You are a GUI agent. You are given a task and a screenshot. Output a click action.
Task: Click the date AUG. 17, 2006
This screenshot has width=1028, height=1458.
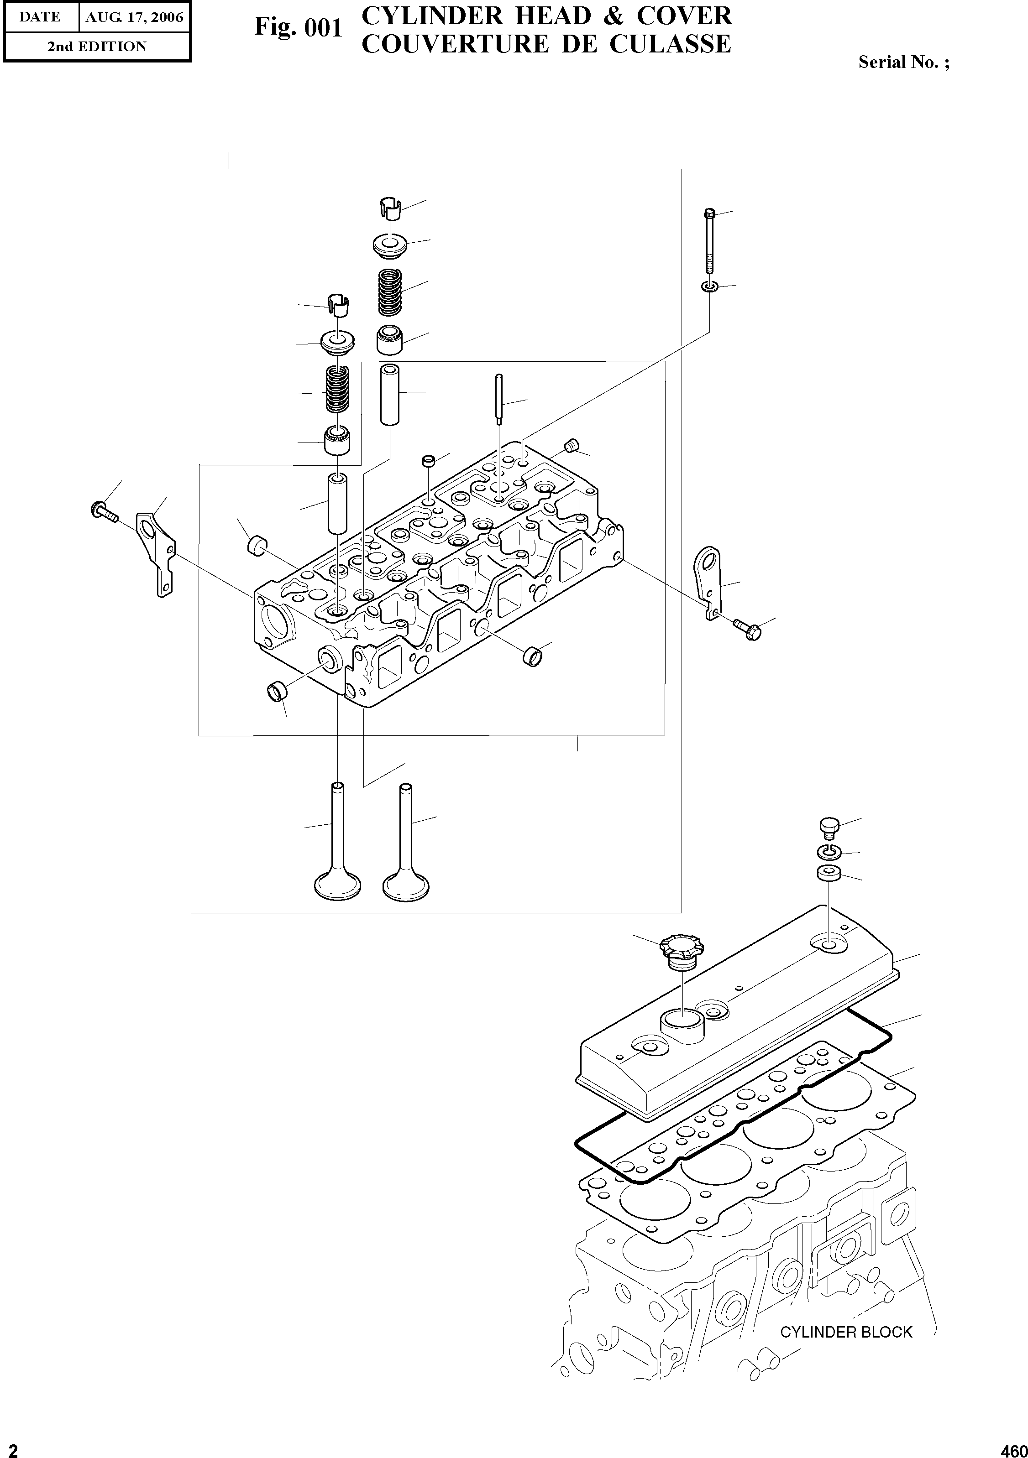134,17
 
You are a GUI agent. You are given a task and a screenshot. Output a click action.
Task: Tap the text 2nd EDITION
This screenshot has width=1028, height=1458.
97,47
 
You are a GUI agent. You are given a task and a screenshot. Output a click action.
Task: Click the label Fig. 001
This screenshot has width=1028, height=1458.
298,28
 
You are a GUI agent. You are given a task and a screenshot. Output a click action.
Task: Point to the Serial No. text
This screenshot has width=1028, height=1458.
903,62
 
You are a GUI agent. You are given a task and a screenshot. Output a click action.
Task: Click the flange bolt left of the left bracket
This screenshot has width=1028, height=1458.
103,510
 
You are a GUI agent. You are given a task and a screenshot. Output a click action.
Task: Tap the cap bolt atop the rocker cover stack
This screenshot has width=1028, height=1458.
828,826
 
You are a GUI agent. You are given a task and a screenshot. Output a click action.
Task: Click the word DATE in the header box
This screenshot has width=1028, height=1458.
39,17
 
